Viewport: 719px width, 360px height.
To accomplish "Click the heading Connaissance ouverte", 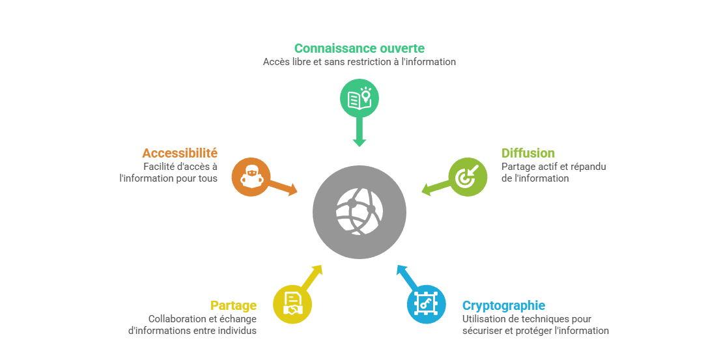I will tap(359, 48).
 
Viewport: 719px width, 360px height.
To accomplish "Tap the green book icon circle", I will tap(359, 99).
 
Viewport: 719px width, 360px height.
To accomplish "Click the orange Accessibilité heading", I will tap(180, 154).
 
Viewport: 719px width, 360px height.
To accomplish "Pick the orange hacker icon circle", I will tap(251, 176).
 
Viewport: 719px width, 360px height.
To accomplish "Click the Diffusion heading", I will tap(528, 154).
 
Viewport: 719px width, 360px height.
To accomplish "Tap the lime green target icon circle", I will tap(468, 177).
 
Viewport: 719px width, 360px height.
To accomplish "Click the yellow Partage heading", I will tap(233, 305).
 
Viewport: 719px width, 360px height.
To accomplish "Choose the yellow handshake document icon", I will tap(292, 304).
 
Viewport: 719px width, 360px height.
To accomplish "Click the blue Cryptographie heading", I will tap(503, 305).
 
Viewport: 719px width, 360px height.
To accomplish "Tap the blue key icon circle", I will tap(426, 304).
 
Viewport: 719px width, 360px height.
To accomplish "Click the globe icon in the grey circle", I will tap(359, 212).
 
